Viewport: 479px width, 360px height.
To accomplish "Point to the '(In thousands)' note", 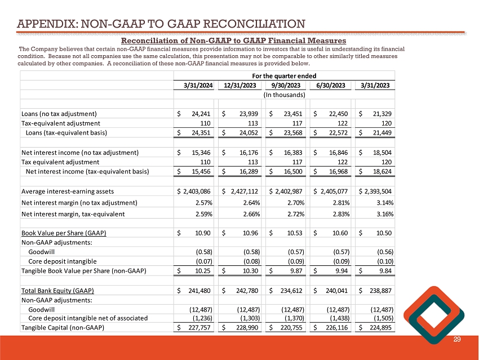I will (285, 95).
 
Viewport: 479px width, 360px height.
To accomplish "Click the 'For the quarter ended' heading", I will (285, 75).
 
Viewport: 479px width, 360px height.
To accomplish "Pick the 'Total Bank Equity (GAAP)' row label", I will (57, 291).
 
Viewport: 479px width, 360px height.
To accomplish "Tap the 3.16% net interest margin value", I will (384, 214).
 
